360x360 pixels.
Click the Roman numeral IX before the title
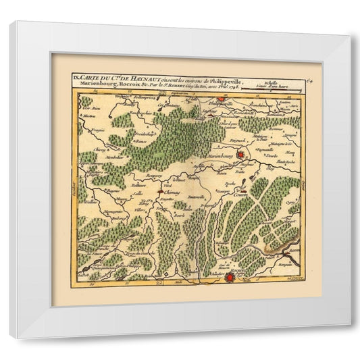76,78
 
